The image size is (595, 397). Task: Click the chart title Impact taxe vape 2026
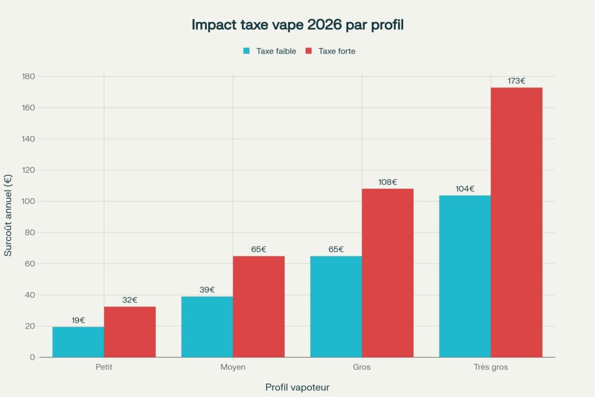(297, 26)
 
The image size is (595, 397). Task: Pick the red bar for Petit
(130, 332)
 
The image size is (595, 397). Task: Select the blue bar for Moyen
(207, 327)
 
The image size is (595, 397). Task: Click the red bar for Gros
(388, 273)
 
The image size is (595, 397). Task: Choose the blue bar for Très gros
(465, 276)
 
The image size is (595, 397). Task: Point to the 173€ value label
(517, 81)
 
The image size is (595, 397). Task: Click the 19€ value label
(78, 320)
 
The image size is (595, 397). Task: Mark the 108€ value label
(388, 182)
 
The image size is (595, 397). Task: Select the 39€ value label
(207, 289)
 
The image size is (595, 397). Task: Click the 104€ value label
(465, 188)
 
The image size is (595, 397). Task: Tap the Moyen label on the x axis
(233, 367)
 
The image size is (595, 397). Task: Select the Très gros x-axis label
(490, 367)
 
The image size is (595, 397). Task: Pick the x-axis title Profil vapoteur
(297, 387)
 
